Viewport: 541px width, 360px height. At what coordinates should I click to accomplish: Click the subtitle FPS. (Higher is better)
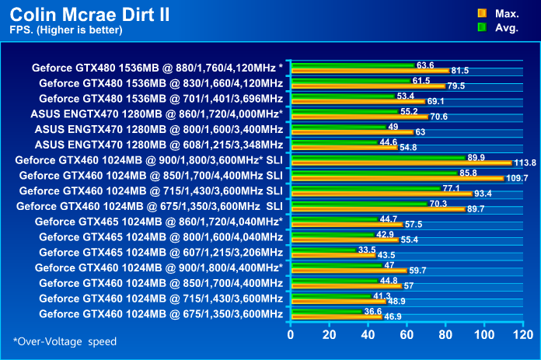(x=66, y=30)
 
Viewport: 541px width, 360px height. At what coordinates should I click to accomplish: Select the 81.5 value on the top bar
(x=459, y=71)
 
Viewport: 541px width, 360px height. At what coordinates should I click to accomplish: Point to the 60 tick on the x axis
(x=407, y=335)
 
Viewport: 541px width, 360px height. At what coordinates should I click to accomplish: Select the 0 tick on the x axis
(x=291, y=335)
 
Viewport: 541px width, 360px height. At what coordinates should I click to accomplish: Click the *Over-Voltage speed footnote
(x=65, y=341)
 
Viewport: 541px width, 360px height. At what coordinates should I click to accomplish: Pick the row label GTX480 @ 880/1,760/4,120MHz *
(x=158, y=68)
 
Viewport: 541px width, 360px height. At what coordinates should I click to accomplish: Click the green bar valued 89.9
(x=377, y=157)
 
